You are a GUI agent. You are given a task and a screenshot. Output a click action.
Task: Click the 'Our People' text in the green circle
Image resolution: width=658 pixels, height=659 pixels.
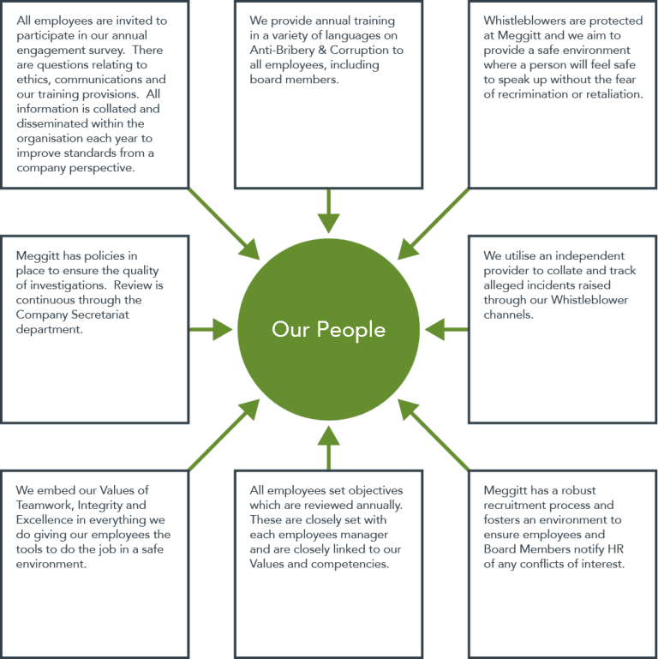pos(329,329)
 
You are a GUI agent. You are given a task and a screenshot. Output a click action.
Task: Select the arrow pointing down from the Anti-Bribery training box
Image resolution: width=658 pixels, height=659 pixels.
pos(329,211)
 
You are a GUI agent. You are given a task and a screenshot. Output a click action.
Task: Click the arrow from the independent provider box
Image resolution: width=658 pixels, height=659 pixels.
pos(446,329)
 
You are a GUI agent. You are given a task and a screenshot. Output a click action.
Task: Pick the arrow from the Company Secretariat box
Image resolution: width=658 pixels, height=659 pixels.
pos(211,329)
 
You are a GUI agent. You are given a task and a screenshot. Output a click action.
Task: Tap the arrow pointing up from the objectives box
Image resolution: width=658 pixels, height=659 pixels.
pos(329,447)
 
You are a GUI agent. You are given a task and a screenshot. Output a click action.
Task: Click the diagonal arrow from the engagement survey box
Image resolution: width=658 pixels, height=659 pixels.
pos(224,224)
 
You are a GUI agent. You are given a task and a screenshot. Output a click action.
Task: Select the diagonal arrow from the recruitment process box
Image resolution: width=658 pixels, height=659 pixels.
pos(434,434)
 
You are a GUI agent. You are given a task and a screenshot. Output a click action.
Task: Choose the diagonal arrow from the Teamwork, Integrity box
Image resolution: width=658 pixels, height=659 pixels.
pos(224,434)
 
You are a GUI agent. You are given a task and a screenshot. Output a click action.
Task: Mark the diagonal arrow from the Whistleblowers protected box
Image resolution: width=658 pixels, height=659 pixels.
pos(434,224)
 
